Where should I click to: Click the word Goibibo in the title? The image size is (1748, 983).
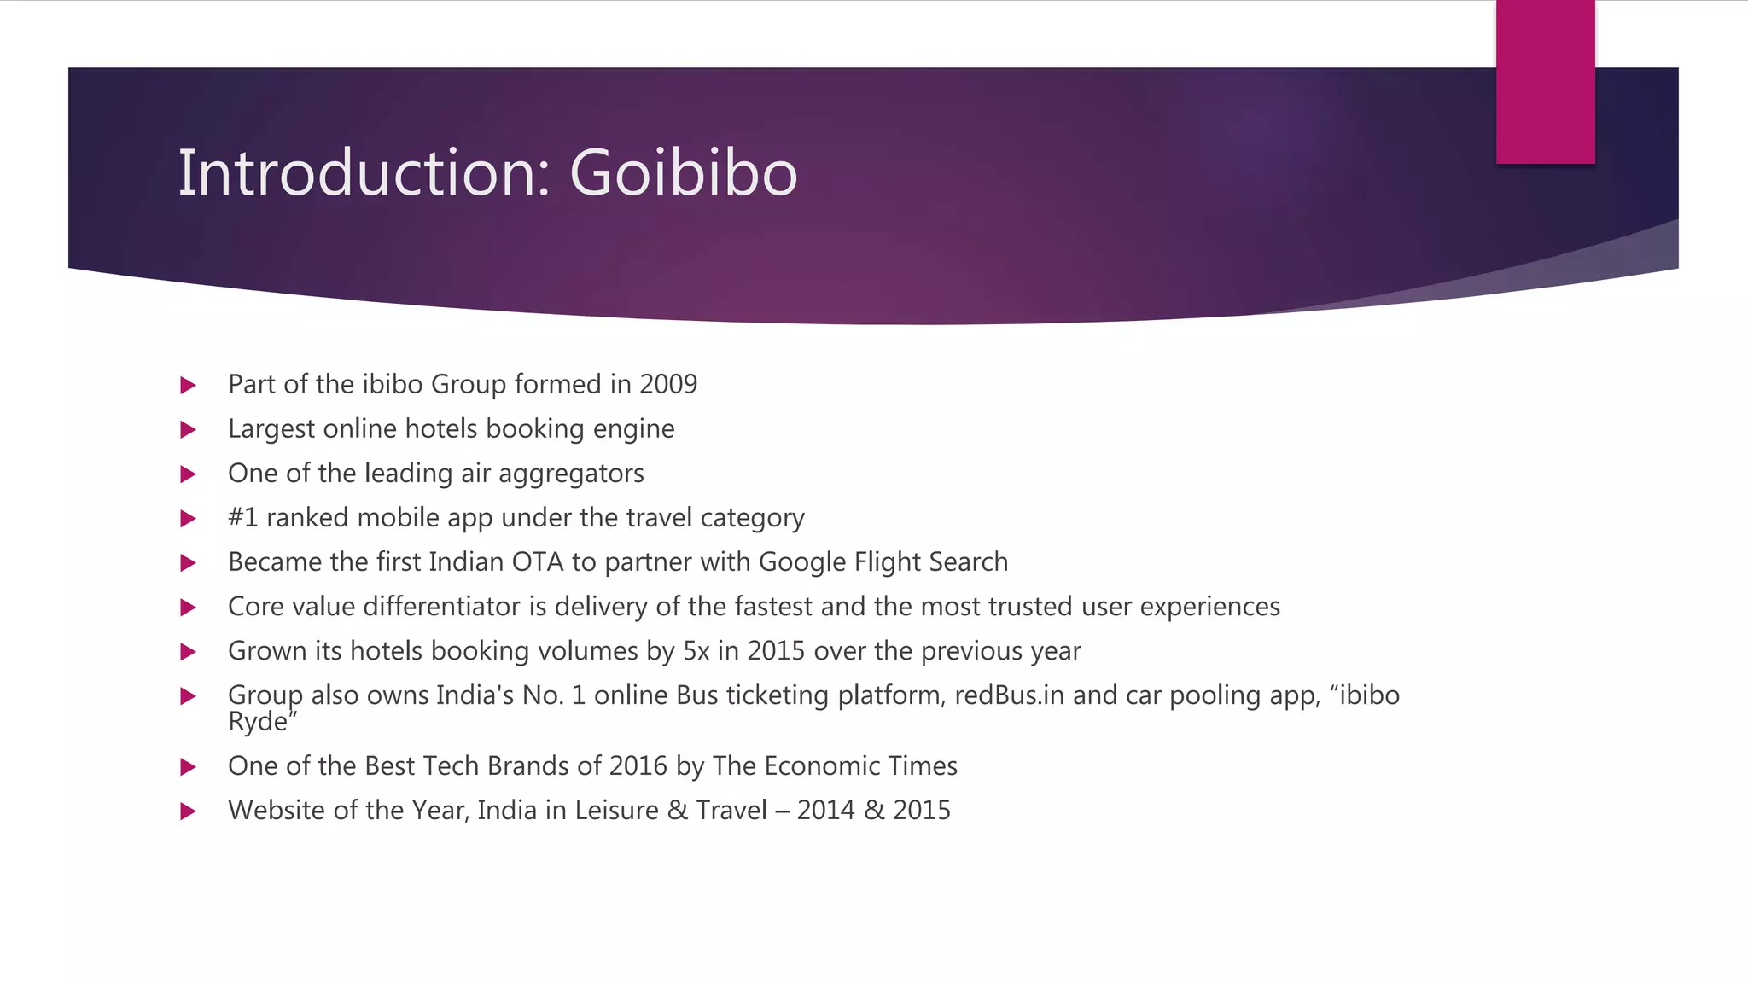coord(683,173)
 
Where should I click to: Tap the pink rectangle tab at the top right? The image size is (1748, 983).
coord(1545,82)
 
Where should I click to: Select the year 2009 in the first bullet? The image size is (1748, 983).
coord(668,385)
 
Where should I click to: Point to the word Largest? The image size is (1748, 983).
coord(271,429)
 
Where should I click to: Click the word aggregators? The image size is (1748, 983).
coord(571,474)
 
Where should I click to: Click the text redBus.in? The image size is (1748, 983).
coord(1009,695)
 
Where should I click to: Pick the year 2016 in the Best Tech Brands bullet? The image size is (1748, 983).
coord(638,766)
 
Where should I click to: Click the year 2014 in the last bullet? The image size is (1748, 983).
coord(825,811)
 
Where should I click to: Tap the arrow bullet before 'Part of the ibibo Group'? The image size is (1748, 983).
coord(189,386)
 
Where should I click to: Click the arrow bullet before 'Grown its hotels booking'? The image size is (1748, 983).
coord(189,652)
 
